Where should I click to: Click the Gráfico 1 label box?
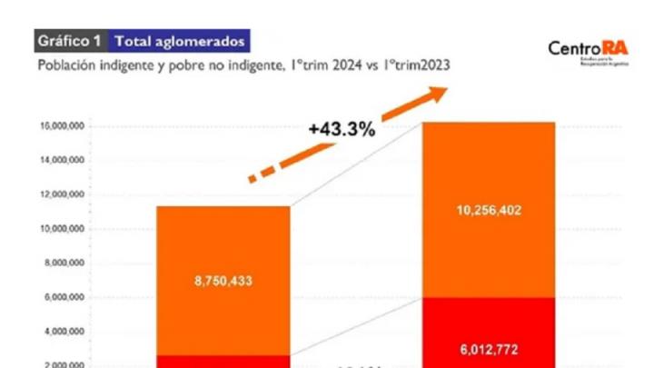pyautogui.click(x=71, y=41)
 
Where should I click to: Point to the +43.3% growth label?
pyautogui.click(x=342, y=130)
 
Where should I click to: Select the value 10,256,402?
pyautogui.click(x=489, y=210)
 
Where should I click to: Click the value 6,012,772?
pyautogui.click(x=489, y=348)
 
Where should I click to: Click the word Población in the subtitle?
pyautogui.click(x=63, y=66)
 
